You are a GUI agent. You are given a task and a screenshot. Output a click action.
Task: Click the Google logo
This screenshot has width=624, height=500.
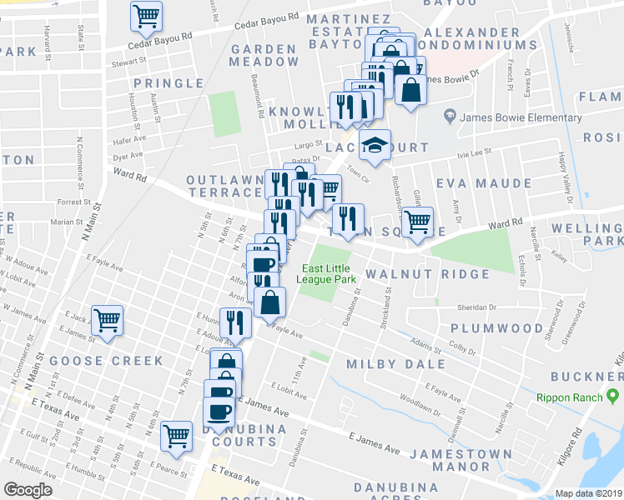pos(28,490)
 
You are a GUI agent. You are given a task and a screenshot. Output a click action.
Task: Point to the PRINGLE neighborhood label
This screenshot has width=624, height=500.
pos(168,83)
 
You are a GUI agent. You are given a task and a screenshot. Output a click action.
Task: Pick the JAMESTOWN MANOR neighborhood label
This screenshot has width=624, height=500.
pos(460,461)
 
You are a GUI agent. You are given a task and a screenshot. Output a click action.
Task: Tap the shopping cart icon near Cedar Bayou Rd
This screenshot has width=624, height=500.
pos(147,16)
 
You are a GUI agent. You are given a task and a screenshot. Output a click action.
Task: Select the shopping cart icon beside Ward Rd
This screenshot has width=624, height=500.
pos(417,222)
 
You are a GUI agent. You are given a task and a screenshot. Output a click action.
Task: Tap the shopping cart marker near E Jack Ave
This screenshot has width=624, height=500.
pos(108,319)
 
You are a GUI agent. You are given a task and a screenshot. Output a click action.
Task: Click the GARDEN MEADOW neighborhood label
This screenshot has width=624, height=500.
pos(264,55)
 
